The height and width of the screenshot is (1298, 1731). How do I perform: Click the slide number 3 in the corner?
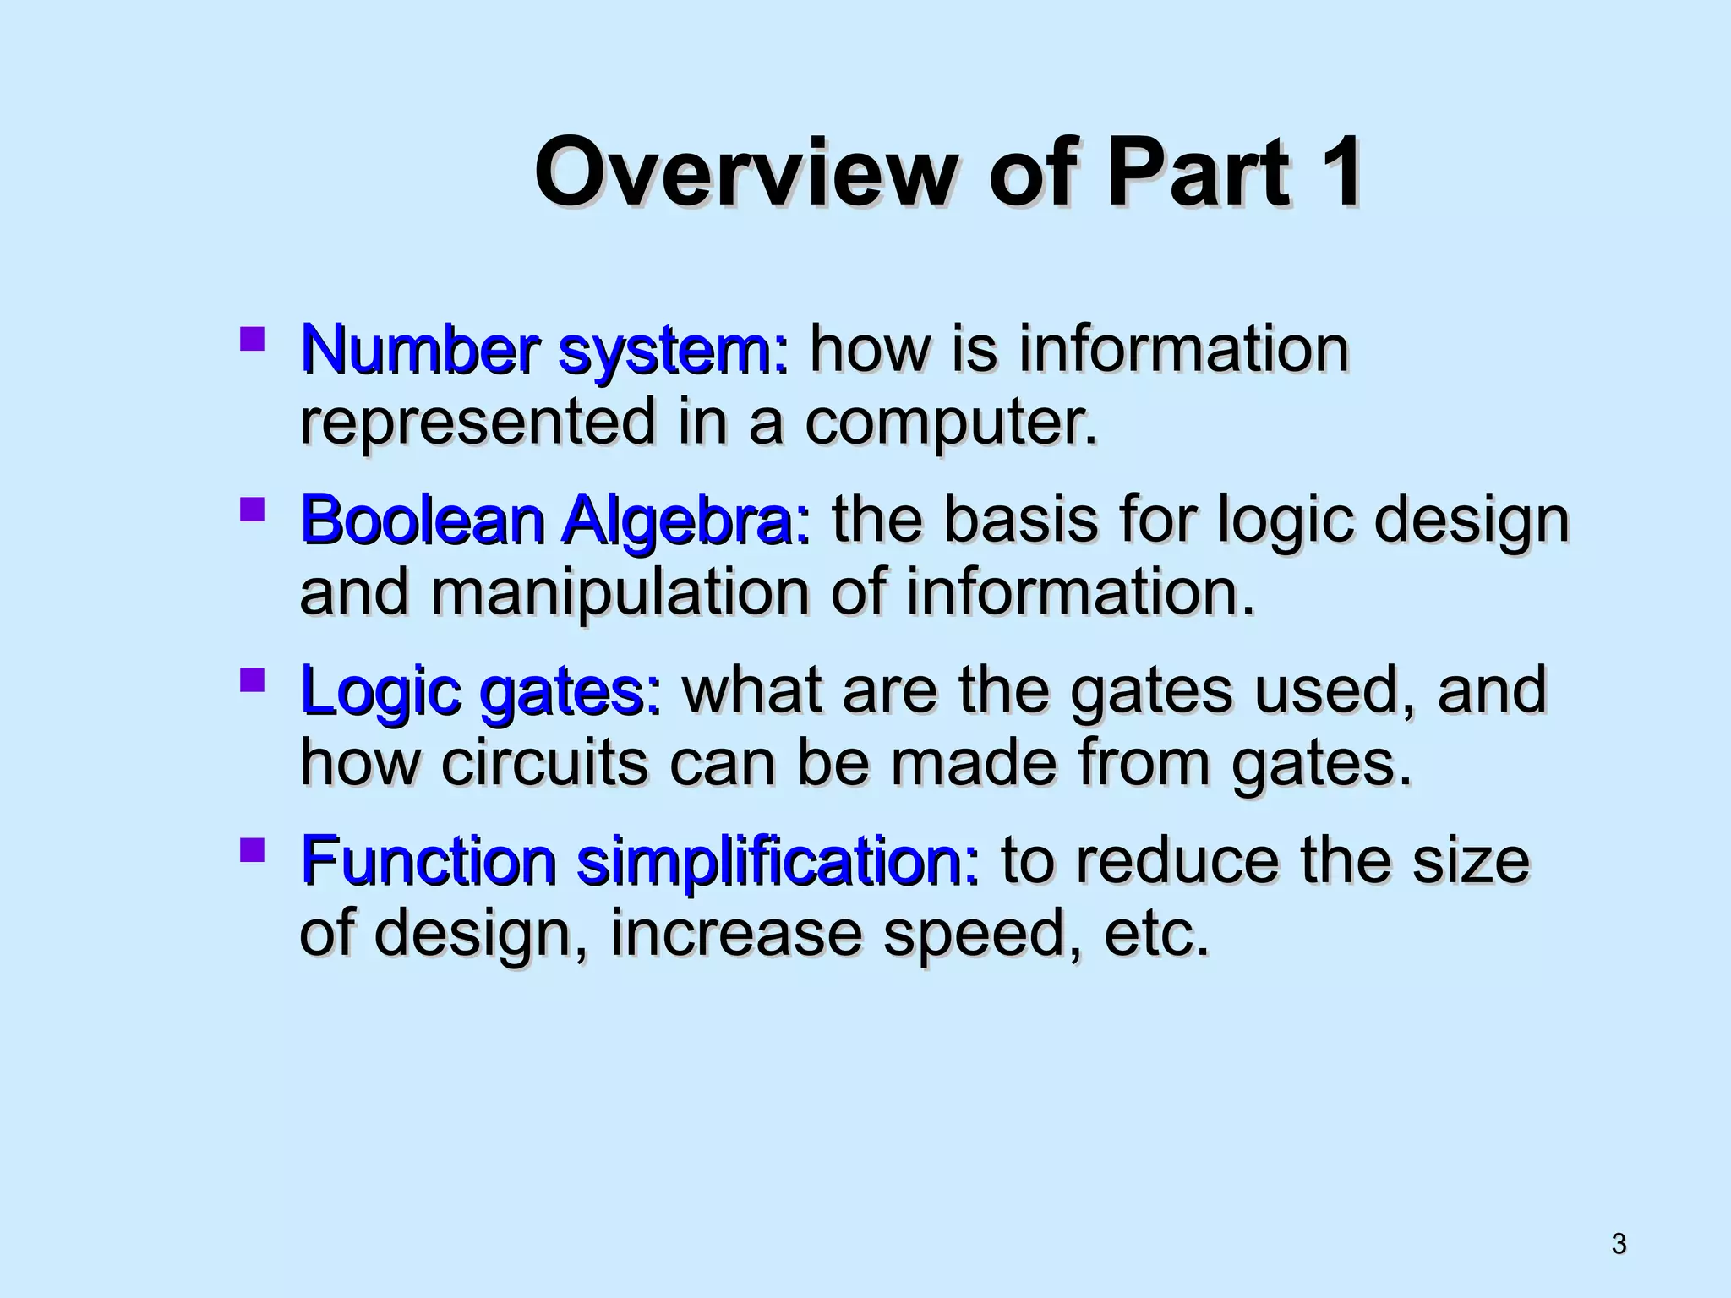(x=1619, y=1244)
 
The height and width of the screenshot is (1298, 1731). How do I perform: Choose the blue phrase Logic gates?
(x=480, y=690)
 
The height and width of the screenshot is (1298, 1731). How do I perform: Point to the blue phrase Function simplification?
(x=640, y=861)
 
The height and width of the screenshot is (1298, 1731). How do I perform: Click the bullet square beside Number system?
(x=252, y=340)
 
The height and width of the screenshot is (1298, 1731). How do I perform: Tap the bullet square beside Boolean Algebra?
(x=252, y=510)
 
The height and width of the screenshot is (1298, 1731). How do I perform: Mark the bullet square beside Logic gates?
(x=252, y=680)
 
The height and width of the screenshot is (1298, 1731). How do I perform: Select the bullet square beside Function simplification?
(x=252, y=850)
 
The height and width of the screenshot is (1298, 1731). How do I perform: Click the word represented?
(x=478, y=423)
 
